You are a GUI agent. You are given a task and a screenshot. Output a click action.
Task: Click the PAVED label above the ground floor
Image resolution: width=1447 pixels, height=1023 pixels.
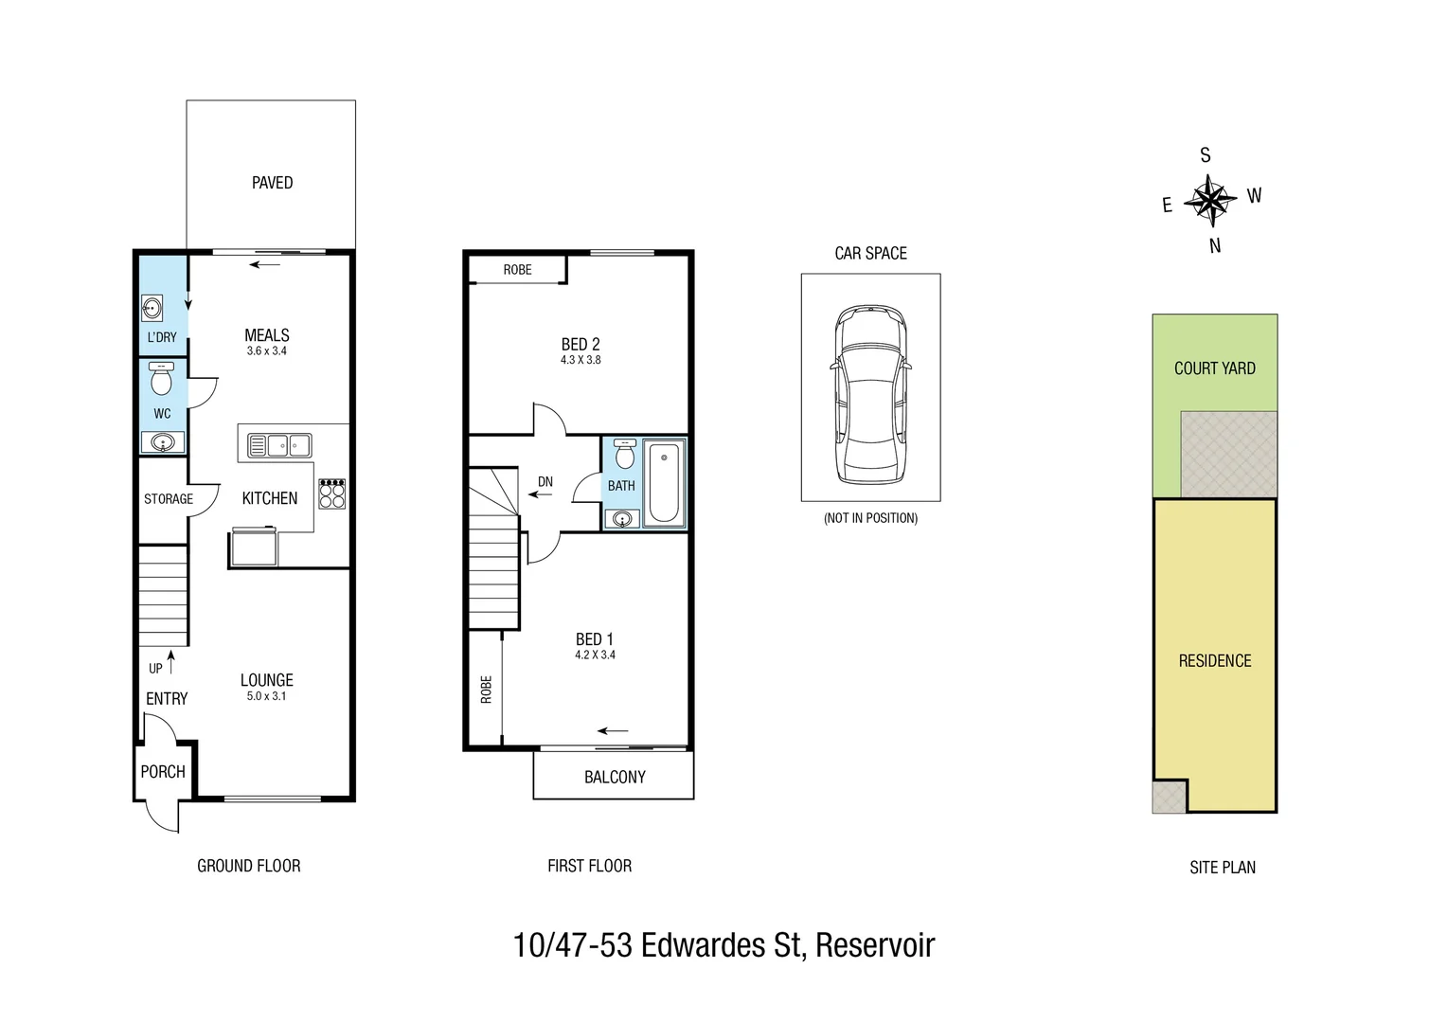[x=272, y=183]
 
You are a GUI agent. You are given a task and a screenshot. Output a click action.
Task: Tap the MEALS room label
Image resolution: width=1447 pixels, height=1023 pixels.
[x=266, y=335]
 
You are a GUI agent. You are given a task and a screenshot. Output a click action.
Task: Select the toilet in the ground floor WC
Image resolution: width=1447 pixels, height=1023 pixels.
[x=162, y=380]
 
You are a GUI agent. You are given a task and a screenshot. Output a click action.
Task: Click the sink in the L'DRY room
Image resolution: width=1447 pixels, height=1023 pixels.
[x=152, y=309]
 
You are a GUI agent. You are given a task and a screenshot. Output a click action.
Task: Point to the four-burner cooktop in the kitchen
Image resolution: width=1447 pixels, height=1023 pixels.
[x=331, y=494]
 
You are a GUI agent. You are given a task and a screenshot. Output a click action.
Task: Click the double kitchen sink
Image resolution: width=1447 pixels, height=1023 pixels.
[x=278, y=445]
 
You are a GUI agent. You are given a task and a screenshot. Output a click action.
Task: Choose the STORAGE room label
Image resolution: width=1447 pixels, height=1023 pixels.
[x=169, y=499]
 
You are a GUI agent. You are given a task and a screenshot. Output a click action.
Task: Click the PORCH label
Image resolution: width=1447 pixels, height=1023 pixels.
[x=163, y=772]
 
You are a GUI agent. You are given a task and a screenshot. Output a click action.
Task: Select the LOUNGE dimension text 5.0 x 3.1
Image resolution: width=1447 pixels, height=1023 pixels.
[x=266, y=696]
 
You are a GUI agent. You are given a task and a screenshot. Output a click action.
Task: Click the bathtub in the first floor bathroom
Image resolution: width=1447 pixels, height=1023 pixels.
[x=664, y=482]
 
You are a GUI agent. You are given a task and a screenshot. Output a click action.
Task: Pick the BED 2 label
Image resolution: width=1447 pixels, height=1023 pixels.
[x=581, y=345]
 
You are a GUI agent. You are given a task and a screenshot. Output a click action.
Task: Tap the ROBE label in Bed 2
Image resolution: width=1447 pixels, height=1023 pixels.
[x=517, y=270]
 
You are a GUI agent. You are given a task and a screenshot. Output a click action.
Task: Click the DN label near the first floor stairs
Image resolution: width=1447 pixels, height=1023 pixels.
[x=545, y=482]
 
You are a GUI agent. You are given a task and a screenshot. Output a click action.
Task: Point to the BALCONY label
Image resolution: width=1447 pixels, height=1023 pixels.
[x=615, y=777]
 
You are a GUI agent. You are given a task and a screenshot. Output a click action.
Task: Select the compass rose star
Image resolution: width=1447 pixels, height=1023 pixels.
[x=1210, y=200]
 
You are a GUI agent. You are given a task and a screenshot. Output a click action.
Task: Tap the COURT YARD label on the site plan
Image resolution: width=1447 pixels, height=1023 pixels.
[x=1214, y=368]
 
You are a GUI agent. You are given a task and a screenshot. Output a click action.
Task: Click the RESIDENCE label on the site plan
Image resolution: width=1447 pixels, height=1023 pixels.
[x=1214, y=661]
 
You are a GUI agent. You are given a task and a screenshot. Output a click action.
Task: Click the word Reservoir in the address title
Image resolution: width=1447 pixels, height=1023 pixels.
[x=875, y=945]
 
